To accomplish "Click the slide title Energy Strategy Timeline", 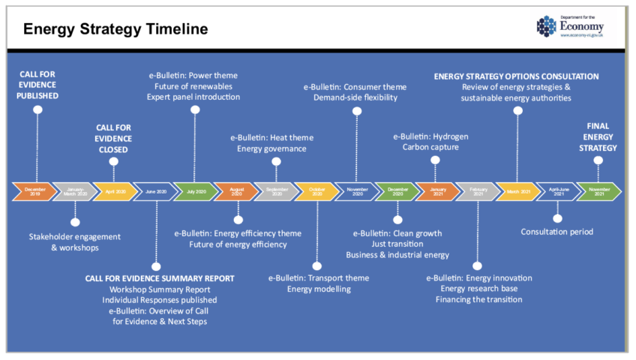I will (115, 29).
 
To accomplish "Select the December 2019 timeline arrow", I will (34, 191).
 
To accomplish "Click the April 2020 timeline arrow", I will (115, 191).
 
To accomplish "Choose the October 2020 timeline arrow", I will (315, 191).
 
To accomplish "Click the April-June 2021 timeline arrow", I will (557, 191).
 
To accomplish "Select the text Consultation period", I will (557, 232).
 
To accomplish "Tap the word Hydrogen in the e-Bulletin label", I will (452, 136).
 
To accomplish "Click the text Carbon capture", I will (430, 147).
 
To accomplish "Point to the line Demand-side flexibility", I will (356, 97).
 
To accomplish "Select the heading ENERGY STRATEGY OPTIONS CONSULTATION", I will (517, 76).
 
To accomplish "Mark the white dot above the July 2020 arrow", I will (195, 110).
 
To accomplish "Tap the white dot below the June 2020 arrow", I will (155, 265).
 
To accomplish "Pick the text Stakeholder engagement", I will (74, 236).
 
